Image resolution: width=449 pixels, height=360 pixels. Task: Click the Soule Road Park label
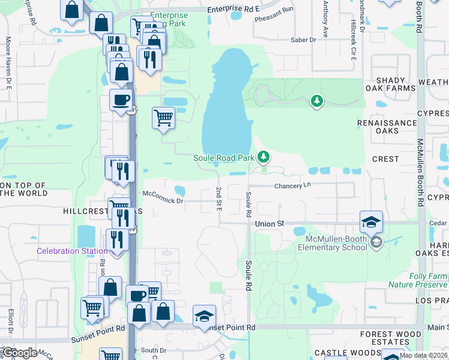pyautogui.click(x=224, y=158)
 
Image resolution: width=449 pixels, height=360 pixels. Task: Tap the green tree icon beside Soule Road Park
pyautogui.click(x=263, y=157)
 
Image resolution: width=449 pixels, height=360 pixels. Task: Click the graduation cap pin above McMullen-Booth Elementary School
pyautogui.click(x=371, y=222)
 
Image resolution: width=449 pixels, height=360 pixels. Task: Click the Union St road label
pyautogui.click(x=268, y=223)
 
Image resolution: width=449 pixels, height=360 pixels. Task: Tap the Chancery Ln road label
pyautogui.click(x=294, y=186)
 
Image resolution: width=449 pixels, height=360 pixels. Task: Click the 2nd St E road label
pyautogui.click(x=219, y=199)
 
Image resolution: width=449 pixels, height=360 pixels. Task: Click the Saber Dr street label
pyautogui.click(x=303, y=40)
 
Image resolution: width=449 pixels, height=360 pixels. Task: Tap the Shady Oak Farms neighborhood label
pyautogui.click(x=394, y=84)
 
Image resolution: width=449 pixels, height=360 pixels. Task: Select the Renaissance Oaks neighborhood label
pyautogui.click(x=395, y=127)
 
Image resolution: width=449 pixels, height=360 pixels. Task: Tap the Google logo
pyautogui.click(x=19, y=353)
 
